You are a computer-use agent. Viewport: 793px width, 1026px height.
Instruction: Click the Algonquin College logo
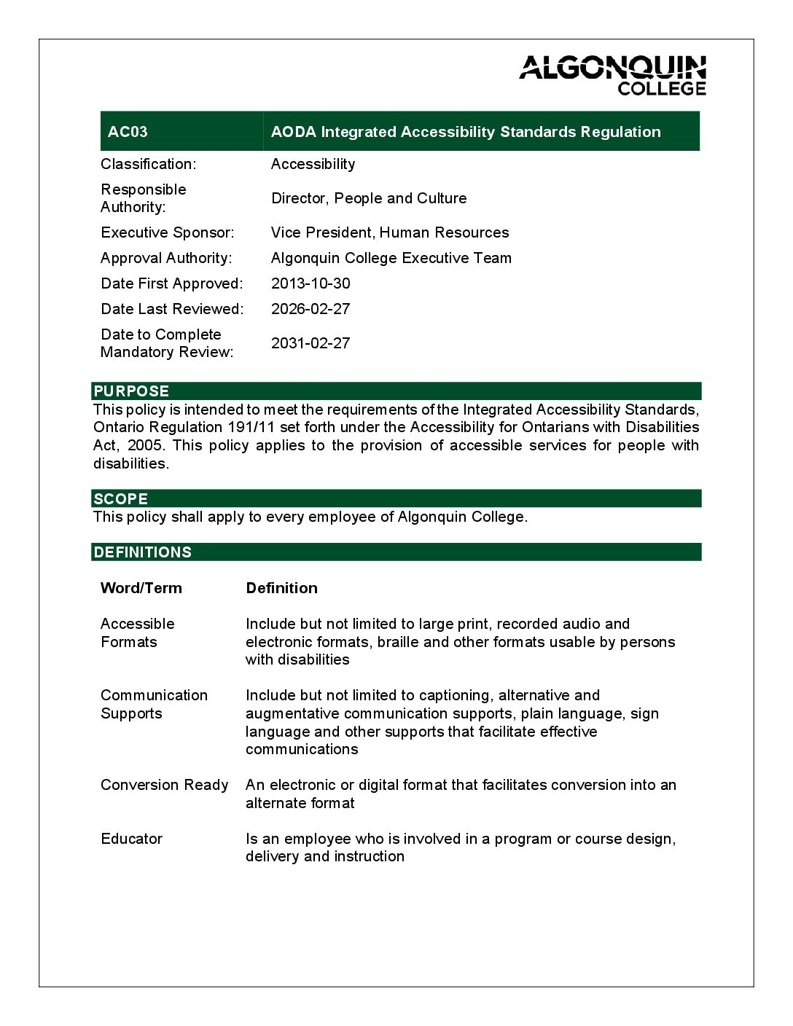[612, 75]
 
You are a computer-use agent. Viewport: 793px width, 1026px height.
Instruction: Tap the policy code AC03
[128, 132]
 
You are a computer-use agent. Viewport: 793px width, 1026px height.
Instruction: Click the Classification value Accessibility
[313, 164]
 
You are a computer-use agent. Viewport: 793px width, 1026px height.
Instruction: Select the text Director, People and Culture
[369, 198]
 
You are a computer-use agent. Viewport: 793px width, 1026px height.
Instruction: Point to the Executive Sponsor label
[168, 232]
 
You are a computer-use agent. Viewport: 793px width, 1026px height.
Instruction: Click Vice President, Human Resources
[390, 232]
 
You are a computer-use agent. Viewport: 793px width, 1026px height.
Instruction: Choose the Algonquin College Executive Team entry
[391, 258]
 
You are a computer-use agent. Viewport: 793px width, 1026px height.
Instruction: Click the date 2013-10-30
[310, 283]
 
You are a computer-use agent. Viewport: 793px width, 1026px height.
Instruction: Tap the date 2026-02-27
[310, 309]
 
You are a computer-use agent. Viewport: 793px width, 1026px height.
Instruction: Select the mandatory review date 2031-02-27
[310, 343]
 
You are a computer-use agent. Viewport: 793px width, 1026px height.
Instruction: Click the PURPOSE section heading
[131, 391]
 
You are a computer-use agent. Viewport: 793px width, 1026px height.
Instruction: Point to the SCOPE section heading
[121, 499]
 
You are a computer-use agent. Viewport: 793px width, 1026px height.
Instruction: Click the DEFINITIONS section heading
[143, 552]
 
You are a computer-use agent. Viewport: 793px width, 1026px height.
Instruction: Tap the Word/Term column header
[141, 588]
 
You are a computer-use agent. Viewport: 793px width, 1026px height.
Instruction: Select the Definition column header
[282, 588]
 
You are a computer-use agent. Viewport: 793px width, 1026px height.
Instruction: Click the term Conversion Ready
[165, 785]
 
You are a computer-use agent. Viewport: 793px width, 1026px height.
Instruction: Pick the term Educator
[132, 839]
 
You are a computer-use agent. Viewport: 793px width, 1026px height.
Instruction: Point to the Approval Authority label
[166, 258]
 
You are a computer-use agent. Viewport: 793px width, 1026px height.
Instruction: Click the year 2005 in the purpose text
[146, 445]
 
